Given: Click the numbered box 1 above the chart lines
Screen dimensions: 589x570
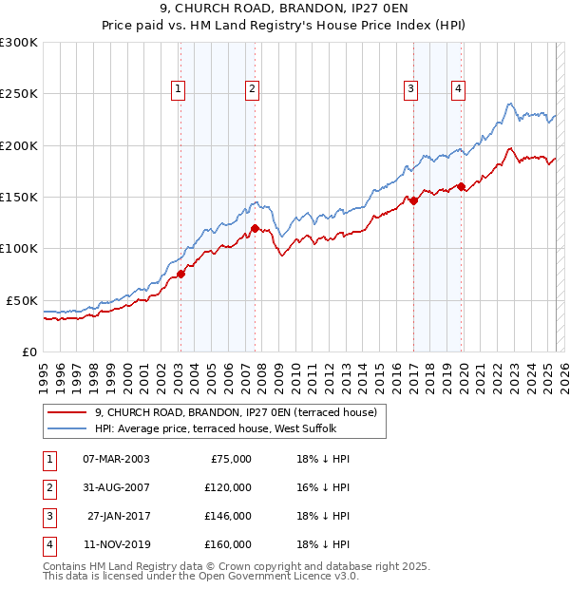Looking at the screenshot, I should click(x=179, y=90).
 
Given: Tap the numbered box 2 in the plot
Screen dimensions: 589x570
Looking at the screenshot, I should click(x=252, y=90).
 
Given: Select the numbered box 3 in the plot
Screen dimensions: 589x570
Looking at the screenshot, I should click(x=410, y=90).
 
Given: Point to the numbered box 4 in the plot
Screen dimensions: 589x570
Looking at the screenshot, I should click(x=458, y=90).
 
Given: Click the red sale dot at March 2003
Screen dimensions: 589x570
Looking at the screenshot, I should click(x=180, y=275).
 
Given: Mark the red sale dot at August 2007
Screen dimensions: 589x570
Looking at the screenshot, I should click(x=256, y=228).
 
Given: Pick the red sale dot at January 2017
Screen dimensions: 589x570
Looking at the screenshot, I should click(x=414, y=200).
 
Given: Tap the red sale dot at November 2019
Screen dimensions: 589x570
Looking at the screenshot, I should click(x=462, y=186).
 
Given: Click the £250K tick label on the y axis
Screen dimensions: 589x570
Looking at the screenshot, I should click(x=19, y=94).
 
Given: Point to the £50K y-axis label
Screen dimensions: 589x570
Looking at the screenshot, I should click(x=23, y=300).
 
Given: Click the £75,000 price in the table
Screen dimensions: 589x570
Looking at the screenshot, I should click(x=231, y=459).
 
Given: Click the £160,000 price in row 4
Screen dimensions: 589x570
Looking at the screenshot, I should click(x=228, y=544).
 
